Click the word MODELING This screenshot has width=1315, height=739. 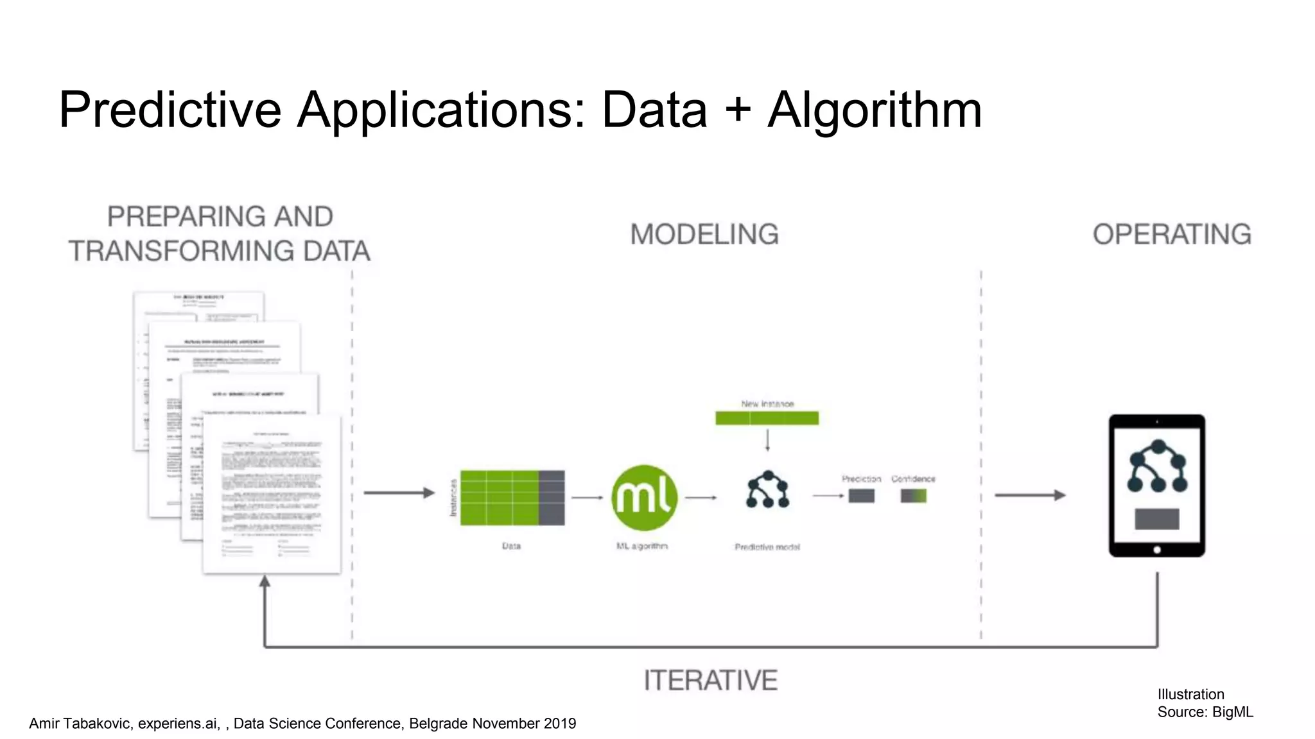click(x=704, y=235)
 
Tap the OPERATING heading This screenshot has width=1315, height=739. click(x=1172, y=235)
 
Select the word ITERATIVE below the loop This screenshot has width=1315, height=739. click(x=710, y=681)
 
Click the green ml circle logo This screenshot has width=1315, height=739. click(x=644, y=498)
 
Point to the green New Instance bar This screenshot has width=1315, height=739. click(x=767, y=418)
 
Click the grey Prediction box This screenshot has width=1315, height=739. click(x=861, y=496)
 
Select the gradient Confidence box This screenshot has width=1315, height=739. click(x=913, y=496)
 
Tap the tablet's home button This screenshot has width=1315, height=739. click(x=1157, y=550)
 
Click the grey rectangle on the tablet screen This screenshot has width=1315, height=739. click(x=1157, y=518)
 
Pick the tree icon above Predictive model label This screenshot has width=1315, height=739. click(x=767, y=490)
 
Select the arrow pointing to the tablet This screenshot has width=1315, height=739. click(x=1030, y=495)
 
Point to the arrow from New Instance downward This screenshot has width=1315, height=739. click(x=767, y=440)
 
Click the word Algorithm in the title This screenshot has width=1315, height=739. click(x=875, y=110)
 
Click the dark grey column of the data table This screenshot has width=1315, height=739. click(x=552, y=498)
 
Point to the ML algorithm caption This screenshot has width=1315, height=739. click(x=642, y=546)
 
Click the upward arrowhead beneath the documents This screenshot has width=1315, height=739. click(x=265, y=582)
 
